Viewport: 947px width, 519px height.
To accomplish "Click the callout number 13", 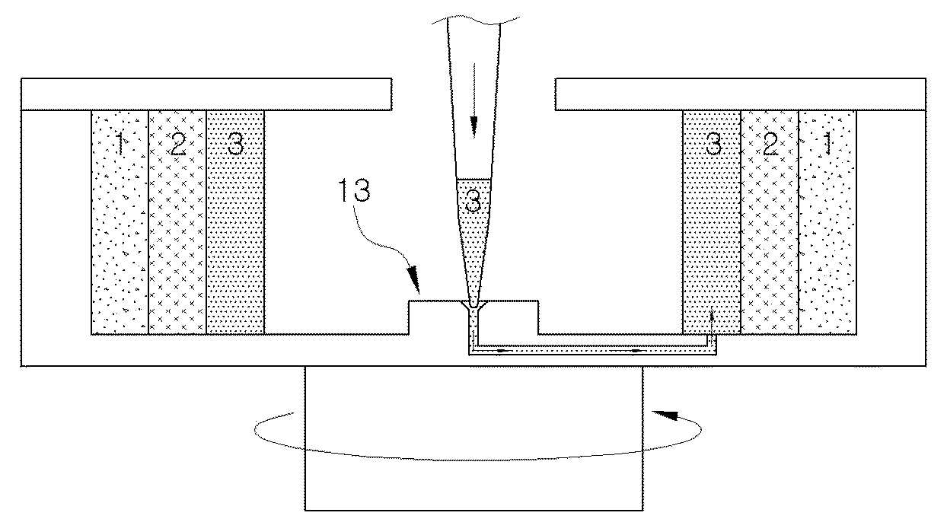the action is click(x=354, y=190).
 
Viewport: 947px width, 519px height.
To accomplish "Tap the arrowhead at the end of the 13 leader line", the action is click(x=413, y=279).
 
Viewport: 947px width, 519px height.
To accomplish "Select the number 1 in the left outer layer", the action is click(x=120, y=144).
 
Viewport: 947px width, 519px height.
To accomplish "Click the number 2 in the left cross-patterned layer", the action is click(x=177, y=144).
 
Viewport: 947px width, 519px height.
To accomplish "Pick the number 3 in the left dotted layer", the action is click(x=235, y=144).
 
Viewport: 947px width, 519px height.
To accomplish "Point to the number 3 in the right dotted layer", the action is click(x=713, y=144).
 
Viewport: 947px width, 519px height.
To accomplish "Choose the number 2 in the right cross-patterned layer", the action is click(x=770, y=144).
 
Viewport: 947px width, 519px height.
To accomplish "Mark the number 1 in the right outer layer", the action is click(x=827, y=144).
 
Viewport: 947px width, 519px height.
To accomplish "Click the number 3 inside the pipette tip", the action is click(x=473, y=201).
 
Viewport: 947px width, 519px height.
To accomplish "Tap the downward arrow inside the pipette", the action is click(x=474, y=100).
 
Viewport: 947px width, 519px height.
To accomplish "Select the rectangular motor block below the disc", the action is click(x=474, y=438).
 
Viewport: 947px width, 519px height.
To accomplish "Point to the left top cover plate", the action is click(x=206, y=94).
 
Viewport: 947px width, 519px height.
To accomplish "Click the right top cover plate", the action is click(x=740, y=94).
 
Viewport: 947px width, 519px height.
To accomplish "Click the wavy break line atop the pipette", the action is click(x=475, y=19).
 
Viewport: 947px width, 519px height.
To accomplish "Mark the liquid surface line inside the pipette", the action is click(x=473, y=178).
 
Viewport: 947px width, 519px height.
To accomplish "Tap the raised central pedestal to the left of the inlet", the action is click(x=436, y=317).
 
